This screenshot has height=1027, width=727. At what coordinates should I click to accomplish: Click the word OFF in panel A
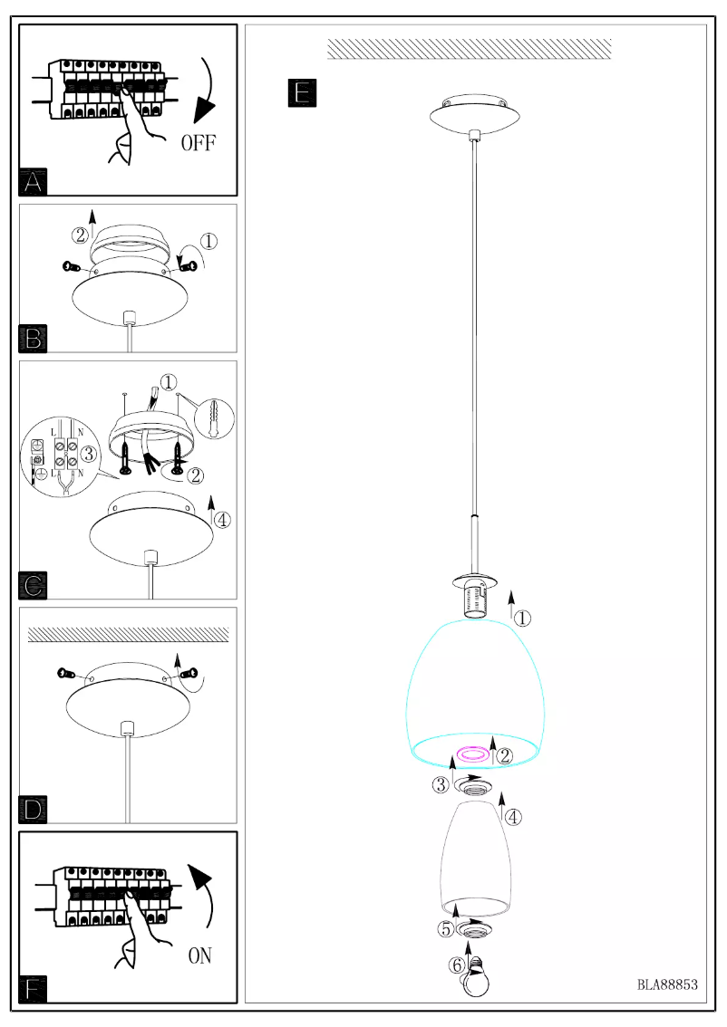(199, 143)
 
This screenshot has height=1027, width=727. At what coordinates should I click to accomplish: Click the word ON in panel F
(201, 955)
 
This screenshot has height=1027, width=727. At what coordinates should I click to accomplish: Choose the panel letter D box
(33, 810)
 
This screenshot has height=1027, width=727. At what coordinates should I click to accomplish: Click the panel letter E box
(302, 92)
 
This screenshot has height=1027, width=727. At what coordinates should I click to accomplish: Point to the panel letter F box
(33, 989)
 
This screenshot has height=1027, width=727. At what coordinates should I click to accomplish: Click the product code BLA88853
(667, 984)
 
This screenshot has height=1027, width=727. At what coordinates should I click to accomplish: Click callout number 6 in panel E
(457, 965)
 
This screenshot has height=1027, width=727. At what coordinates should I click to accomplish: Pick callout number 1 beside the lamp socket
(523, 619)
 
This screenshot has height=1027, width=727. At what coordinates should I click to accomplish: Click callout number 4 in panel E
(513, 817)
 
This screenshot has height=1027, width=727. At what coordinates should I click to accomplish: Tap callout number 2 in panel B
(80, 235)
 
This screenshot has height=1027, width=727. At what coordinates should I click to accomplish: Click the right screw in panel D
(189, 674)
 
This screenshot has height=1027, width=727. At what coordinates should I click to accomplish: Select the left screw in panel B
(71, 266)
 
